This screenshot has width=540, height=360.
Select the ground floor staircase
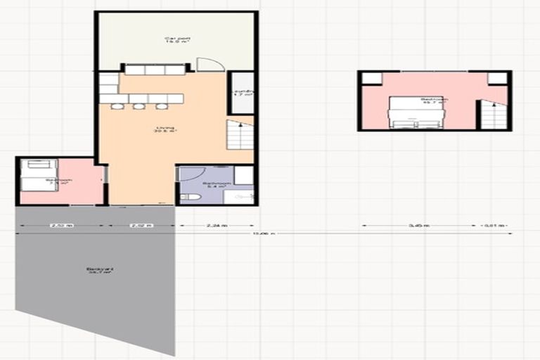click(x=240, y=134)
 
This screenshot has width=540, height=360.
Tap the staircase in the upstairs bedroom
click(x=494, y=115)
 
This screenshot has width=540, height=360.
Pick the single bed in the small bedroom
click(x=38, y=175)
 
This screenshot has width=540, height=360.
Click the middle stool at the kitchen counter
click(x=140, y=106)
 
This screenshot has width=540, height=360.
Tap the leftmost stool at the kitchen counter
click(x=118, y=106)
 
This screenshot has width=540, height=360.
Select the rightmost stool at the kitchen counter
click(x=162, y=106)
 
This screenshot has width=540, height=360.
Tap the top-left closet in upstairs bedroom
click(x=372, y=79)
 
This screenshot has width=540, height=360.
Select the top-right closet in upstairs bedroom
click(x=497, y=79)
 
